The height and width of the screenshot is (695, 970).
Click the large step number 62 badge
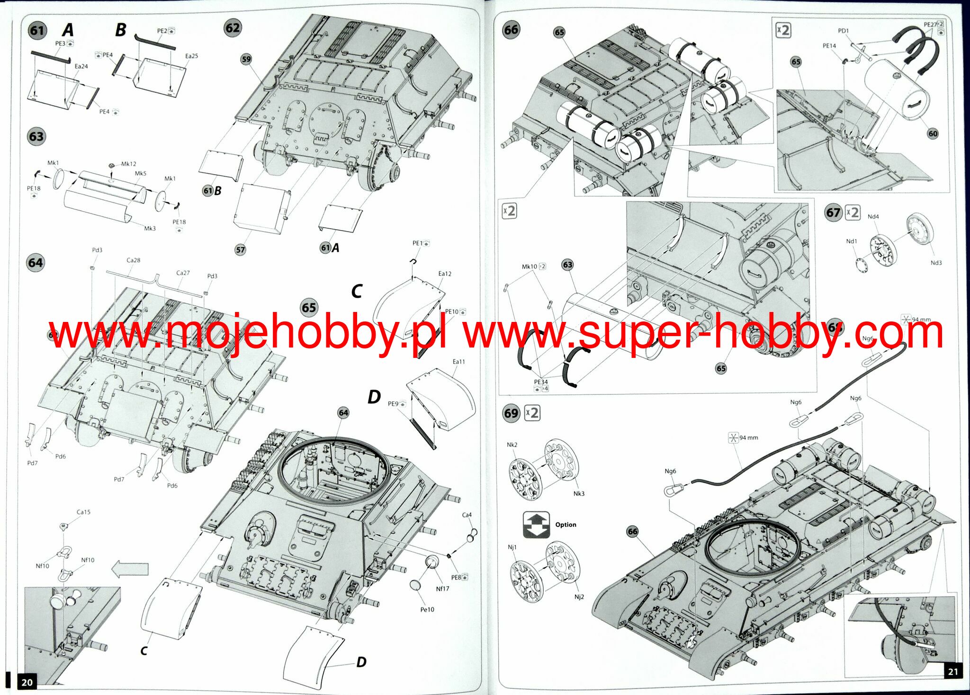click(x=233, y=27)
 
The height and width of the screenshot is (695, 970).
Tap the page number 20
click(x=27, y=682)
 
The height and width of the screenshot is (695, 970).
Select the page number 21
click(x=953, y=671)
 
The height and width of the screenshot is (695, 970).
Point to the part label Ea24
click(x=81, y=66)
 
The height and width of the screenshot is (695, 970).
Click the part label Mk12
click(x=128, y=164)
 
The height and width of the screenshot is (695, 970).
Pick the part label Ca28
click(x=134, y=260)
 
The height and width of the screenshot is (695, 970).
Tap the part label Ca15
click(x=83, y=512)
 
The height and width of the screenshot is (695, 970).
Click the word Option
click(x=566, y=525)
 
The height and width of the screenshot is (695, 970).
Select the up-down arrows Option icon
click(x=536, y=524)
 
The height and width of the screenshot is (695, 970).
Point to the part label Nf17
click(x=442, y=588)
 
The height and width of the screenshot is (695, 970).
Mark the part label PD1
click(x=843, y=31)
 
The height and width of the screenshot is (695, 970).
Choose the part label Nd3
click(x=936, y=263)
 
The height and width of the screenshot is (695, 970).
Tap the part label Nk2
click(x=512, y=445)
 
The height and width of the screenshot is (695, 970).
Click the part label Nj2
click(x=579, y=597)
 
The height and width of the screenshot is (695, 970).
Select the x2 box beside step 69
click(x=533, y=413)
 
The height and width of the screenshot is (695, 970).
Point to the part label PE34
click(x=540, y=382)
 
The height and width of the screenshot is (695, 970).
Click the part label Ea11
click(x=458, y=362)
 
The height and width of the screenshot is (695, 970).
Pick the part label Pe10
click(x=427, y=609)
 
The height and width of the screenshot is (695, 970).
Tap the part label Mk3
click(x=150, y=228)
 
